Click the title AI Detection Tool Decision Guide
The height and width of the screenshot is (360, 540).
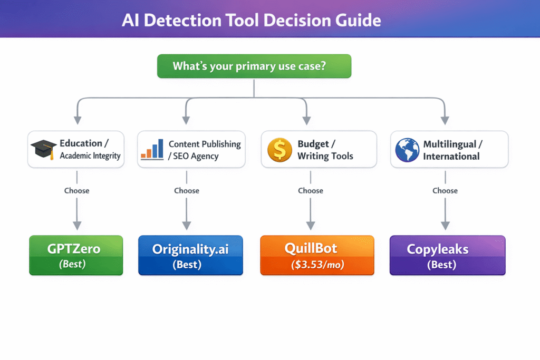[251, 20]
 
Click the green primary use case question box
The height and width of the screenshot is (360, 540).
[254, 66]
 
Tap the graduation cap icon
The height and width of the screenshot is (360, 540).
[44, 150]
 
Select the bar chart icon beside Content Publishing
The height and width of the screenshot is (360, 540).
[152, 149]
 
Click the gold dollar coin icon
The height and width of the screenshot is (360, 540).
[279, 150]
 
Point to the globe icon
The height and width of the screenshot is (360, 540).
[407, 150]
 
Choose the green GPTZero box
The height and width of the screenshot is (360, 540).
[76, 255]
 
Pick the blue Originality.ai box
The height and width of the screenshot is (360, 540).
[190, 255]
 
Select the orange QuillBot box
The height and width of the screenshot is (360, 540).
[317, 255]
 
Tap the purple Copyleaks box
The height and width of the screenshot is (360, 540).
[447, 255]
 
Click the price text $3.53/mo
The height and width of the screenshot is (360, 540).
[317, 265]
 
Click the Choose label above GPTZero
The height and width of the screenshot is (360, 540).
[77, 190]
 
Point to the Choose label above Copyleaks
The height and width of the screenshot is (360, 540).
[445, 190]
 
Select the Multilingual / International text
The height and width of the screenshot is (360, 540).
[452, 150]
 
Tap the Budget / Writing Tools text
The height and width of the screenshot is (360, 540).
[325, 150]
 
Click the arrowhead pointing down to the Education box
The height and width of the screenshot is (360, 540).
[78, 120]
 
